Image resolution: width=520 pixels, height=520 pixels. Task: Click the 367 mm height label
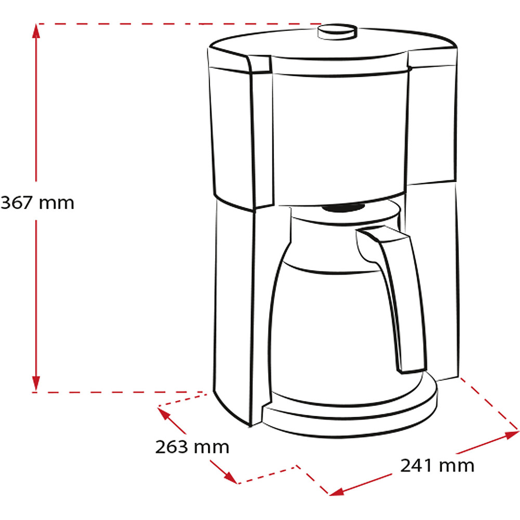[37, 202]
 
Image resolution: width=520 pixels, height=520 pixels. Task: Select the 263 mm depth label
[192, 447]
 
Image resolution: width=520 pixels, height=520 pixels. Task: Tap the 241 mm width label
[437, 465]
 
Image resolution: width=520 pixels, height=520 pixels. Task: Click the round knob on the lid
[337, 32]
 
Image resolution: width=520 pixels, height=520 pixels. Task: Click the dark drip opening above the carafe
[344, 208]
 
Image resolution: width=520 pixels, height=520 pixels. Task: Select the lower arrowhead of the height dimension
[36, 384]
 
